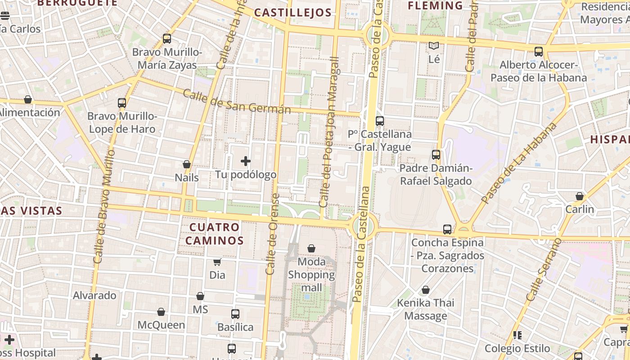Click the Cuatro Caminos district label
[214, 234]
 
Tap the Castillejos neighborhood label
[292, 13]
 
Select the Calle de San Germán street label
[237, 102]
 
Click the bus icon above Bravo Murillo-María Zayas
[167, 39]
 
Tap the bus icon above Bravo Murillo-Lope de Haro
[121, 103]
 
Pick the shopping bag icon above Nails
[187, 164]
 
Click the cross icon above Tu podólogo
[246, 161]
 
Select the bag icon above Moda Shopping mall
[311, 248]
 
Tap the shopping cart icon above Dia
[217, 262]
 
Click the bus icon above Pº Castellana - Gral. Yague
[380, 121]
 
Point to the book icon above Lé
[434, 46]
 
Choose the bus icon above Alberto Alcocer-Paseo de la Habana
[539, 52]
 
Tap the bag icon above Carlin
[580, 196]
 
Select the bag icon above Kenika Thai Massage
[425, 290]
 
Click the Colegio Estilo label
[517, 348]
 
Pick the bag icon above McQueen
[161, 312]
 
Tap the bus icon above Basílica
[235, 314]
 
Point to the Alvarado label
[94, 296]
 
